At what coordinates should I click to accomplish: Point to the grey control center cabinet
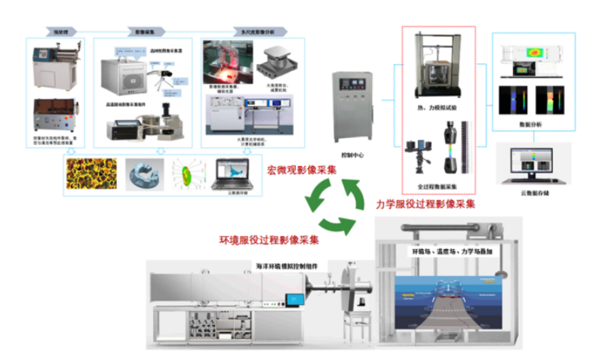pyautogui.click(x=350, y=105)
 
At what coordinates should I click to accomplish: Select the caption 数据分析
pyautogui.click(x=531, y=126)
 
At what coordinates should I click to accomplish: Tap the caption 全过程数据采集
pyautogui.click(x=436, y=186)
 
